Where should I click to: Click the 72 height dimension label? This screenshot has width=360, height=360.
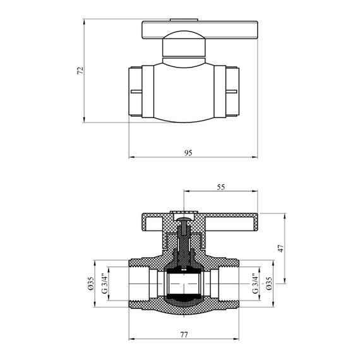[80, 71]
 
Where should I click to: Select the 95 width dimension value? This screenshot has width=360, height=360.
[188, 153]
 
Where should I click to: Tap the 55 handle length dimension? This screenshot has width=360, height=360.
[220, 187]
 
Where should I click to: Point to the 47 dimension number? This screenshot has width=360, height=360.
[281, 248]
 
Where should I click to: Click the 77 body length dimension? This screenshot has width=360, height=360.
[184, 335]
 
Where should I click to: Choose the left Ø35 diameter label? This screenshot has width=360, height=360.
[91, 284]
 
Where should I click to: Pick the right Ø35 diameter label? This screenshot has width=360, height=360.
[269, 284]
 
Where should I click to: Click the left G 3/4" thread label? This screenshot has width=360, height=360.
[104, 284]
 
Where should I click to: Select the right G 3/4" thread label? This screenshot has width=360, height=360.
[255, 284]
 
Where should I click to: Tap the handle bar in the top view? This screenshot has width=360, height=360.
[200, 30]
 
